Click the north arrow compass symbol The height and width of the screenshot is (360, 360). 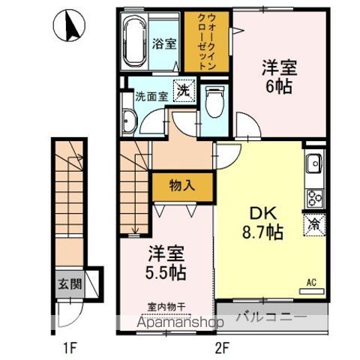pyautogui.click(x=69, y=25)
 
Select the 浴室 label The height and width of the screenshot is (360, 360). pyautogui.click(x=164, y=44)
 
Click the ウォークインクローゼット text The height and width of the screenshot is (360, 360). pyautogui.click(x=207, y=42)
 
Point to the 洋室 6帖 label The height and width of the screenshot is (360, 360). pyautogui.click(x=279, y=76)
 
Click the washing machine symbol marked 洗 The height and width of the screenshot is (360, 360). pyautogui.click(x=184, y=91)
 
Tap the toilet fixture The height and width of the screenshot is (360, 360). pyautogui.click(x=214, y=102)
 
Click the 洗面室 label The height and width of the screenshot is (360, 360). pyautogui.click(x=151, y=97)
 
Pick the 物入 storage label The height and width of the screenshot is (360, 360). pyautogui.click(x=182, y=185)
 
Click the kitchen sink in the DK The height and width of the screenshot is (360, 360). pyautogui.click(x=314, y=163)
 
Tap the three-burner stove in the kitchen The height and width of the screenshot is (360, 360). pyautogui.click(x=315, y=199)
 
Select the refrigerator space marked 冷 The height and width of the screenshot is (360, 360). pyautogui.click(x=314, y=225)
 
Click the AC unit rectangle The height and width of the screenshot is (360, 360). pyautogui.click(x=312, y=291)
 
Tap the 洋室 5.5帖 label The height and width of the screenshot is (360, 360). pyautogui.click(x=166, y=262)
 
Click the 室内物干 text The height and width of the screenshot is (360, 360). pyautogui.click(x=166, y=307)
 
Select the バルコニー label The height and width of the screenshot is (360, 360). pyautogui.click(x=271, y=317)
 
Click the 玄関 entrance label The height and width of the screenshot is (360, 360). pyautogui.click(x=70, y=284)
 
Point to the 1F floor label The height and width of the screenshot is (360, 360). pyautogui.click(x=70, y=348)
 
